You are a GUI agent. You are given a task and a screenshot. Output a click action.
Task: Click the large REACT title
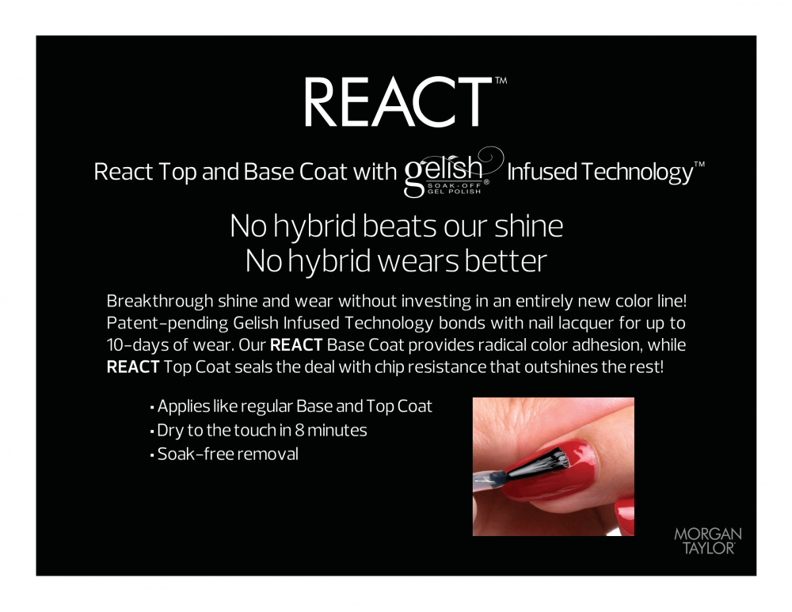[x=398, y=102]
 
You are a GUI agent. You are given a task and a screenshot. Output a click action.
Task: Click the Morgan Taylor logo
[x=708, y=542]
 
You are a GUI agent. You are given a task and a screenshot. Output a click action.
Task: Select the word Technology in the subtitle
[x=638, y=172]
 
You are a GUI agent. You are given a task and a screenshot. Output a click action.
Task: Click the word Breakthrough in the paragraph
[x=160, y=301]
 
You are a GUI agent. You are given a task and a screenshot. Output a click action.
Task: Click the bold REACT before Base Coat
[x=296, y=345]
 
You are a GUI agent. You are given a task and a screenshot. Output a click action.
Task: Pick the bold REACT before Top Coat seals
[x=133, y=367]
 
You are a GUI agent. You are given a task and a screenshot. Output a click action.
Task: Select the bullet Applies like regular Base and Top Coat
[x=291, y=406]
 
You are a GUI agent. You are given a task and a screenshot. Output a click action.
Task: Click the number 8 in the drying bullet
[x=299, y=430]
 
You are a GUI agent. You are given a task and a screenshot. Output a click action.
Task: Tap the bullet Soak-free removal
[x=224, y=454]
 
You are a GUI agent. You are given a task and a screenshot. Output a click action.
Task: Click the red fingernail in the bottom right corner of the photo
[x=626, y=516]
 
